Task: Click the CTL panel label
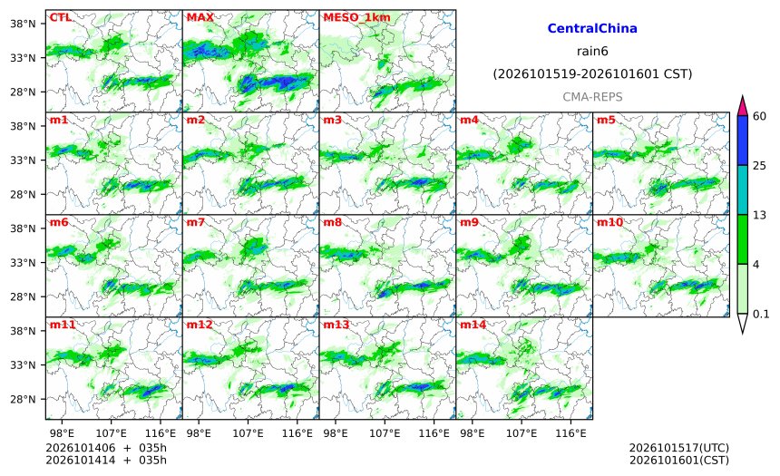60,17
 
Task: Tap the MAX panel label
200,17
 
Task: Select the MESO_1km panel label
356,17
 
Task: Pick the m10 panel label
609,222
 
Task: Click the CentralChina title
592,28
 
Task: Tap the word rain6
592,52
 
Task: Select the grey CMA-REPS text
592,97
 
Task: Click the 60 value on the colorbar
759,116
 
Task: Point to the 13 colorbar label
759,215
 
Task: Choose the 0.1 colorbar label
761,314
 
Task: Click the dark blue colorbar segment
742,141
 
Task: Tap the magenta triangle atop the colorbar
742,106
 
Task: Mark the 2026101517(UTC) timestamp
679,448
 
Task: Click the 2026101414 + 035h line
106,460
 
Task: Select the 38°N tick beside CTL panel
23,24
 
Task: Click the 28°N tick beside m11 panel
23,399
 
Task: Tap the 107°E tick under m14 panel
522,433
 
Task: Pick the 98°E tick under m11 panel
62,433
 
